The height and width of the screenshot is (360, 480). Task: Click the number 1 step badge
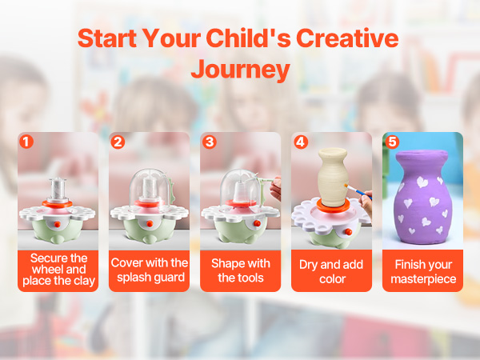26,142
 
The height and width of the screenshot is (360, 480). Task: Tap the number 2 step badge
118,142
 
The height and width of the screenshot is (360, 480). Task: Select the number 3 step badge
210,142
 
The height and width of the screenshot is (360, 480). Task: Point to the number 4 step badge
301,142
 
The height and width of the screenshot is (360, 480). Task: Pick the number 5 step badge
392,142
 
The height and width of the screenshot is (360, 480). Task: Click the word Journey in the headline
240,70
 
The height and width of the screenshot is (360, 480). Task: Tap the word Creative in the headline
347,38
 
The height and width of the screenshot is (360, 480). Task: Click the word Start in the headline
107,38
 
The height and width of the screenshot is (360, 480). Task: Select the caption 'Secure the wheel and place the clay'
58,270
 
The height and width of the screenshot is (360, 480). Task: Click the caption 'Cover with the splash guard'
150,270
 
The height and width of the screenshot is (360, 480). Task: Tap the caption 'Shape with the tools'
241,270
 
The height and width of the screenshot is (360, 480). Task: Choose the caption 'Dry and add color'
331,271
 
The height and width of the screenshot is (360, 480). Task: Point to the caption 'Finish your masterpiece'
423,271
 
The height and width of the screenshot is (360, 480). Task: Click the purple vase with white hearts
422,197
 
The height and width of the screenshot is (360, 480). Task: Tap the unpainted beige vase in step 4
333,177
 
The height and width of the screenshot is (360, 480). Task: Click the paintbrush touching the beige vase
358,191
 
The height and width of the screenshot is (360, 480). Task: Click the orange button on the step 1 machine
58,224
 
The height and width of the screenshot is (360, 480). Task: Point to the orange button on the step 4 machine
349,232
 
